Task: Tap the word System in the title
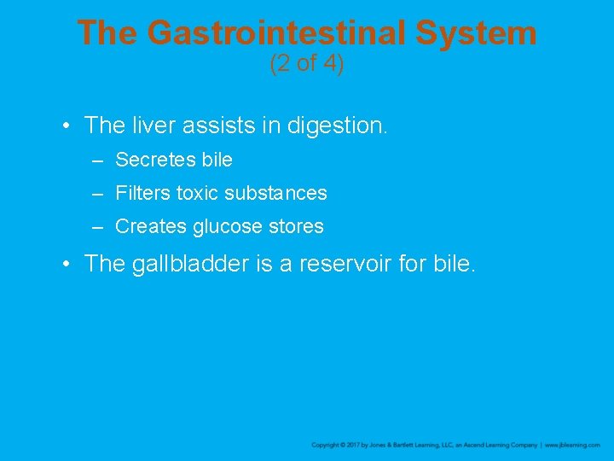(477, 33)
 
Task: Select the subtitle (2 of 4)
(306, 64)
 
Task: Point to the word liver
(151, 125)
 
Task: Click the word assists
(220, 125)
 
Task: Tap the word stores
(296, 226)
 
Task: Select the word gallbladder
(191, 264)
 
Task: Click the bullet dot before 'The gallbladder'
(66, 264)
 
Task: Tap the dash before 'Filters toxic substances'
(99, 193)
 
